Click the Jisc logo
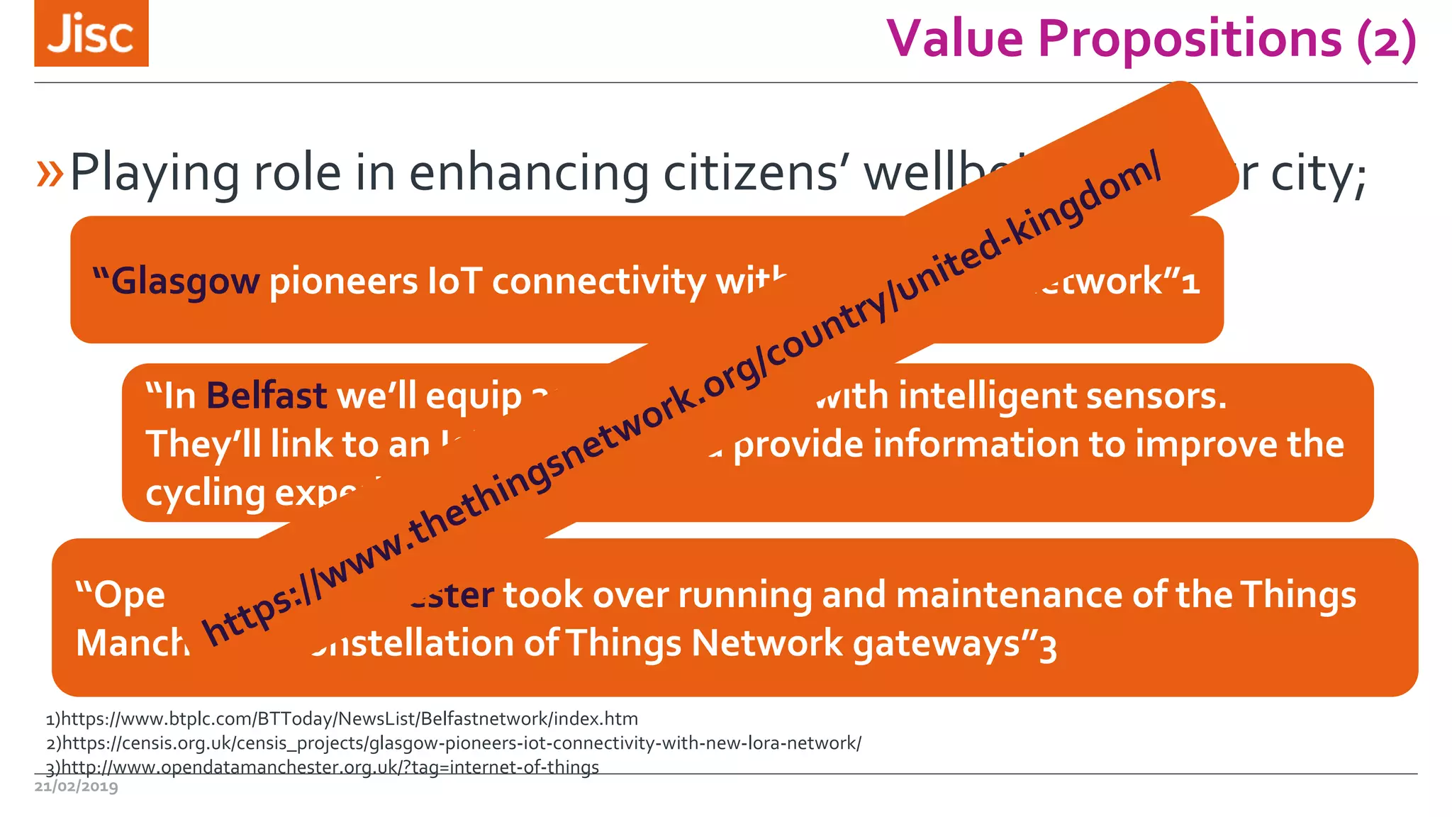(x=91, y=33)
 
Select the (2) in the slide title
(x=1386, y=40)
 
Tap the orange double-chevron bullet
(x=50, y=173)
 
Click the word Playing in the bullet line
(x=155, y=173)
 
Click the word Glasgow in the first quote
(x=186, y=282)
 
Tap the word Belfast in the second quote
(x=267, y=396)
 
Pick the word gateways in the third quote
(x=936, y=644)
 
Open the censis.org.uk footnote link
(x=461, y=743)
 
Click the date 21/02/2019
(x=77, y=787)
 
